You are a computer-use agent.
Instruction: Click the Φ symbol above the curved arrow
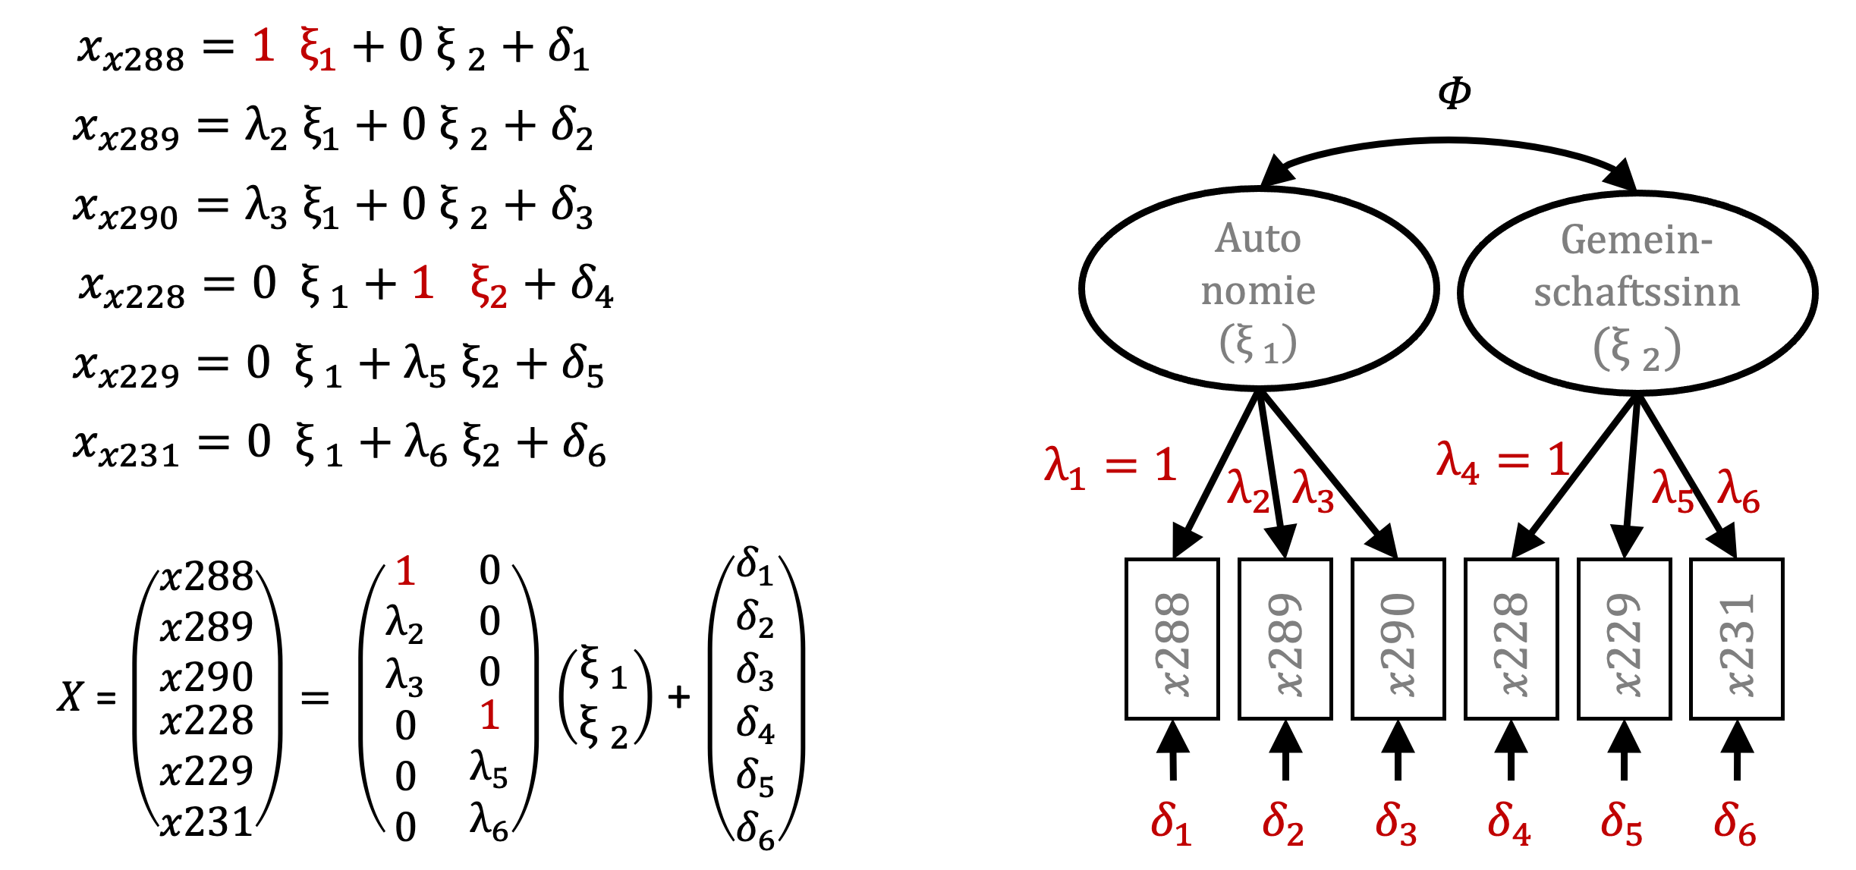click(1454, 93)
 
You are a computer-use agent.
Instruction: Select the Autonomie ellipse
click(1258, 289)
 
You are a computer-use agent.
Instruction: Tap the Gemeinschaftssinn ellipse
click(1637, 293)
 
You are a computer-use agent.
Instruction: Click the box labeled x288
click(1172, 639)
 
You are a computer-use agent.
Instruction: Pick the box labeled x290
click(1398, 639)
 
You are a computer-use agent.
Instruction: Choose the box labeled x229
click(1624, 639)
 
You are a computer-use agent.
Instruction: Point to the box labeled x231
click(1736, 639)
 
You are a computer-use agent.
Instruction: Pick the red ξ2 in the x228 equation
click(488, 286)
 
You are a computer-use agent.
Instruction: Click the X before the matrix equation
click(71, 696)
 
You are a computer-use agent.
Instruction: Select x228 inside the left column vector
click(206, 721)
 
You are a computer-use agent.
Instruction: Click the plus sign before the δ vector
click(679, 696)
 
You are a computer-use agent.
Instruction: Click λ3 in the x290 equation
click(266, 206)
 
